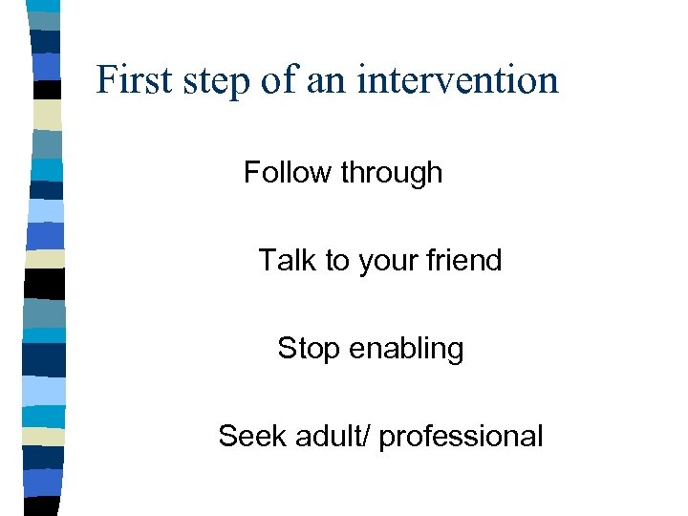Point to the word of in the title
pyautogui.click(x=277, y=79)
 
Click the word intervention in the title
pyautogui.click(x=458, y=79)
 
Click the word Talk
pyautogui.click(x=287, y=260)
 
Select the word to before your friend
pyautogui.click(x=337, y=261)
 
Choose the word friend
pyautogui.click(x=466, y=260)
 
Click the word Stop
pyautogui.click(x=309, y=349)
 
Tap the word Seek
pyautogui.click(x=249, y=437)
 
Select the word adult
pyautogui.click(x=327, y=437)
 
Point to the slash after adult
pyautogui.click(x=371, y=437)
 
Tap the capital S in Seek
pyautogui.click(x=227, y=437)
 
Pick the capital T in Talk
pyautogui.click(x=267, y=260)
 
